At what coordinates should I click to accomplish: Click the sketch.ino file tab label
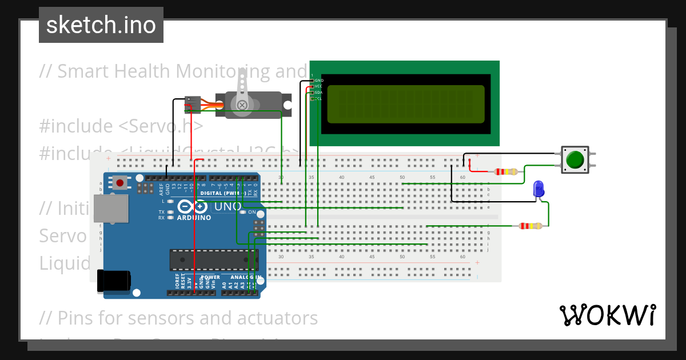click(x=101, y=25)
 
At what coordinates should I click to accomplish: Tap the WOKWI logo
click(x=607, y=315)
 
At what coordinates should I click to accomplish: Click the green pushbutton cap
click(x=575, y=159)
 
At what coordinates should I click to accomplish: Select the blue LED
click(x=538, y=189)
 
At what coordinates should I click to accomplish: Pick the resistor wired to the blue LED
click(x=531, y=226)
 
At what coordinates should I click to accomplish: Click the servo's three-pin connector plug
click(x=192, y=103)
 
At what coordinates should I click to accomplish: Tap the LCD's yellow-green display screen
click(x=406, y=104)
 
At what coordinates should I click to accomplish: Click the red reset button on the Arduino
click(x=120, y=183)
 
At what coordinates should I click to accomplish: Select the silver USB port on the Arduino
click(x=111, y=209)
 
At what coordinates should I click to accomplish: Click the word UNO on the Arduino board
click(x=216, y=206)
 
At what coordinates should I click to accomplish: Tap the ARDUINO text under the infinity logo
click(x=194, y=218)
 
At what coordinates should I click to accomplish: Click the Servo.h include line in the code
click(x=121, y=126)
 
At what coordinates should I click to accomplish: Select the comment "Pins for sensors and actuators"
click(x=178, y=318)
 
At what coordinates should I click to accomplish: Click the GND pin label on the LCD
click(x=319, y=81)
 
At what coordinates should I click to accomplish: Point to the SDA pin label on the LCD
click(x=319, y=92)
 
